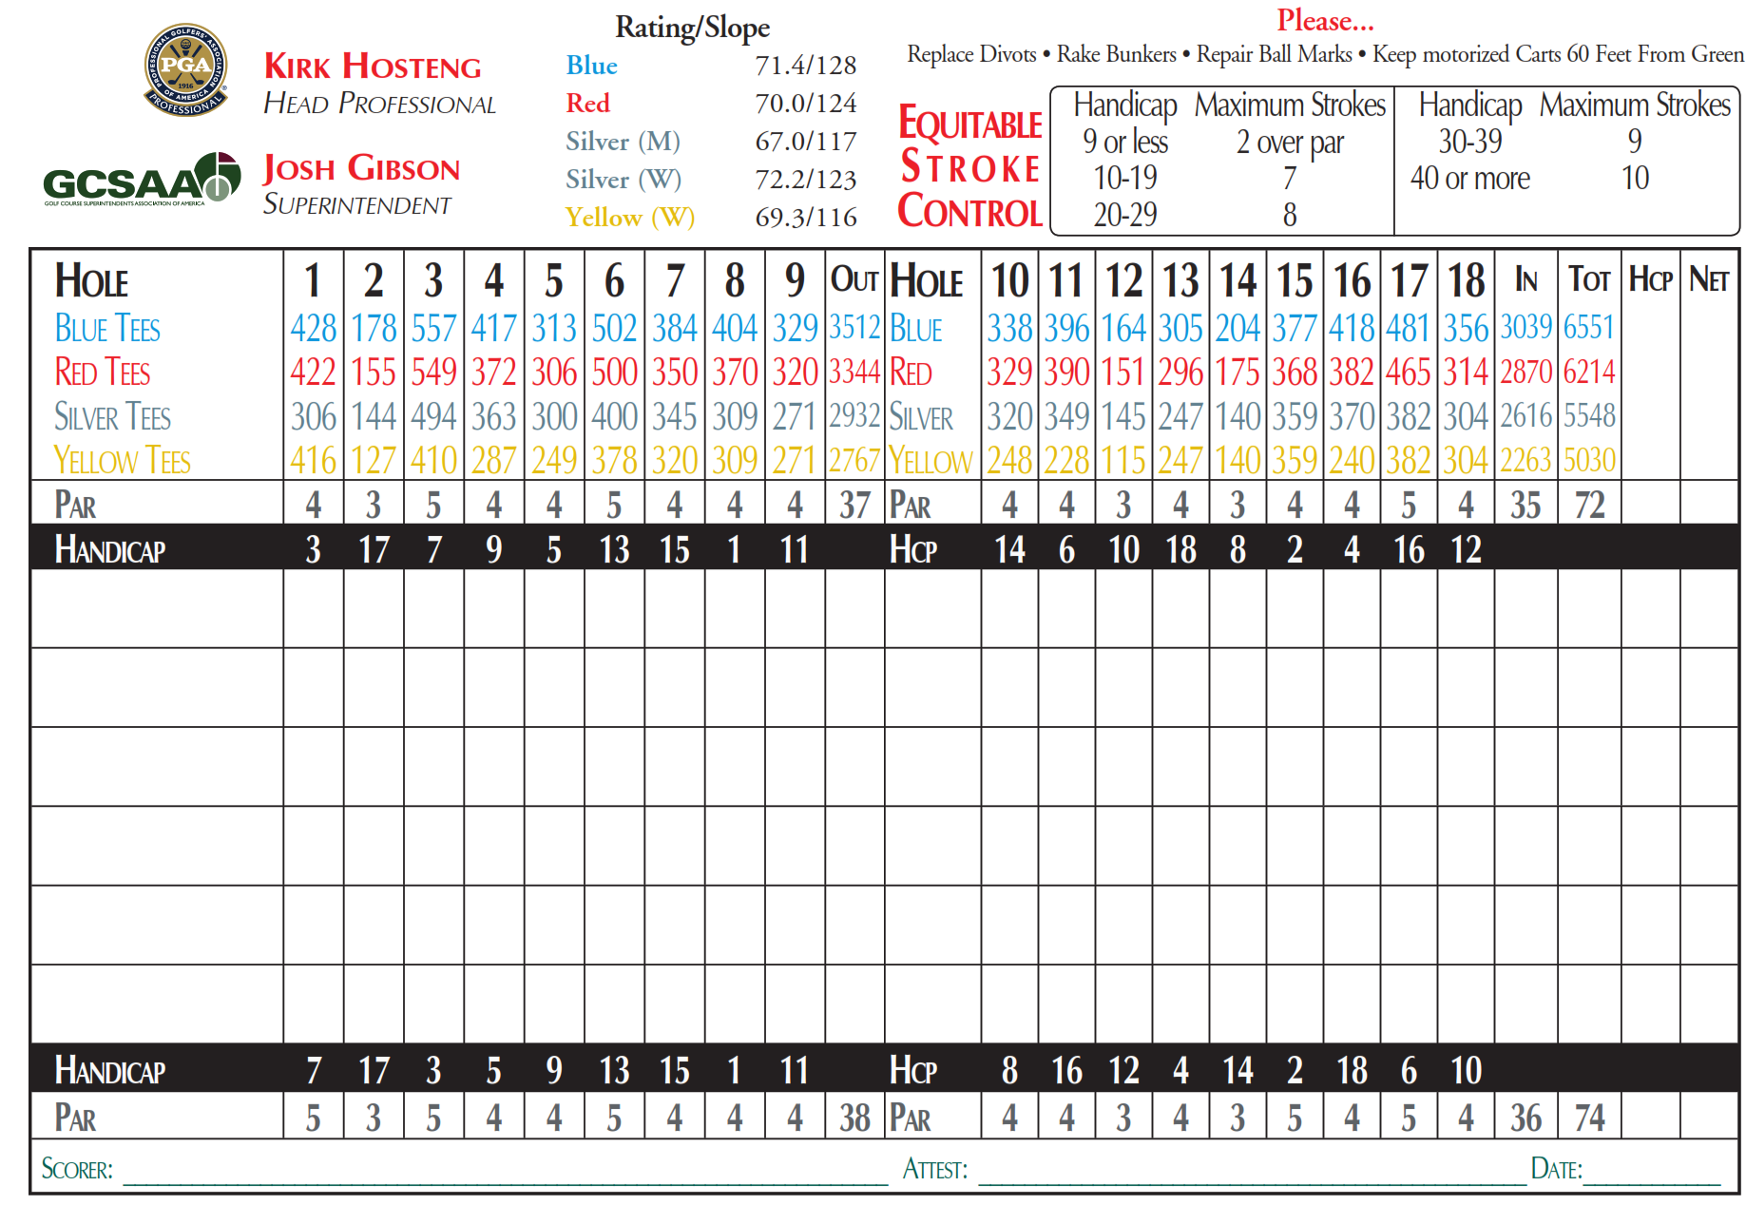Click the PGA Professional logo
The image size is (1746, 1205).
coord(185,69)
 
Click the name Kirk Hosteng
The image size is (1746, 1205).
coord(373,67)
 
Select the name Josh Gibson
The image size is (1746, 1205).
coord(361,168)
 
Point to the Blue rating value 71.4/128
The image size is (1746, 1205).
coord(805,66)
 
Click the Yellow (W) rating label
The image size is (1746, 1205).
coord(629,218)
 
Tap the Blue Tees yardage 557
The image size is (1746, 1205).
coord(433,329)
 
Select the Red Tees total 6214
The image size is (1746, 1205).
coord(1588,372)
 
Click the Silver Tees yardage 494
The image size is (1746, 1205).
coord(433,416)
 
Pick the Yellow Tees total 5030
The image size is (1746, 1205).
coord(1588,461)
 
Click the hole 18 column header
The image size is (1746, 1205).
coord(1466,281)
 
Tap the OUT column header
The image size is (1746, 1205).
coord(854,280)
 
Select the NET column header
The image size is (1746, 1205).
coord(1708,280)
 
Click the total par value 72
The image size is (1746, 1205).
coord(1588,505)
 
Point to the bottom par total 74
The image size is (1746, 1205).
coord(1588,1118)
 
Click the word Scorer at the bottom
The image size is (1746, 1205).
coord(77,1169)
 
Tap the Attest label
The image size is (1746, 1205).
coord(934,1169)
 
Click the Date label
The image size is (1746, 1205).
coord(1556,1169)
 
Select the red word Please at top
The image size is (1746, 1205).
coord(1324,20)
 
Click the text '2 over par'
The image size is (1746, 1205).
coord(1289,143)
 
